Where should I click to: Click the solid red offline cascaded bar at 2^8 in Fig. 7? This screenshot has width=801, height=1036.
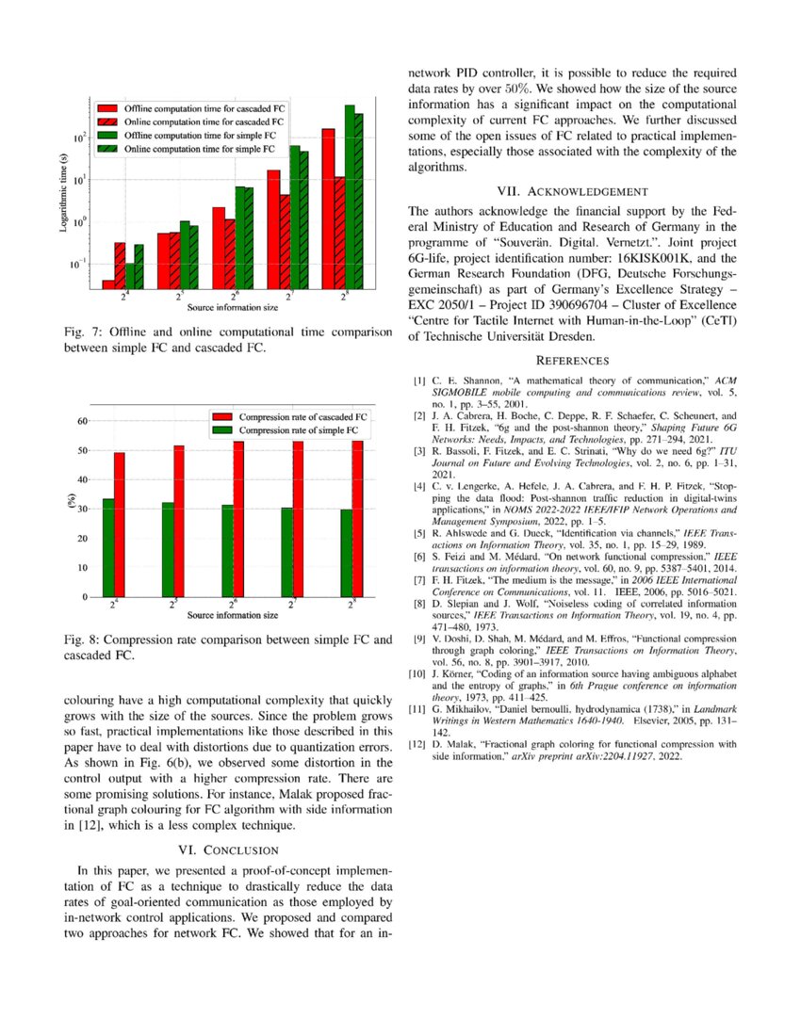pyautogui.click(x=328, y=207)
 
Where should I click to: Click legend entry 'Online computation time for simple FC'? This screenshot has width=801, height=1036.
pyautogui.click(x=200, y=149)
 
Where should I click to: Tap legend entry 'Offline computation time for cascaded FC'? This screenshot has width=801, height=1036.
pyautogui.click(x=204, y=109)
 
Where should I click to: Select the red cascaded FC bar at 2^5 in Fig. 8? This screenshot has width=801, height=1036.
pyautogui.click(x=178, y=521)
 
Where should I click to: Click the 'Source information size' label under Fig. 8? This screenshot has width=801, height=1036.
pyautogui.click(x=232, y=616)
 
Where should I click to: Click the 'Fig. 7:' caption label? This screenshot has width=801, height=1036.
pyautogui.click(x=81, y=332)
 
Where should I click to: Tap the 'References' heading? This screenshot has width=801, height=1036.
pyautogui.click(x=574, y=360)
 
